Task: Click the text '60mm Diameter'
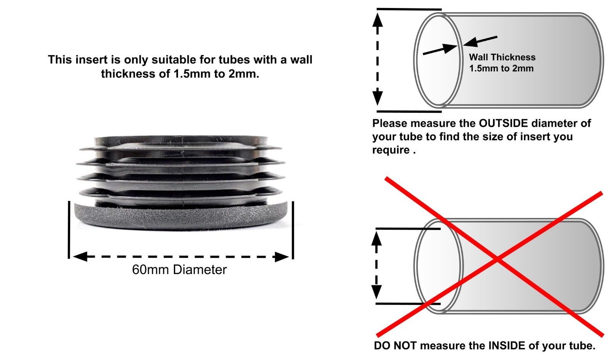(x=179, y=270)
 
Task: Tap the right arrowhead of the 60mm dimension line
(x=281, y=257)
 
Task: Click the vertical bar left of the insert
(x=69, y=229)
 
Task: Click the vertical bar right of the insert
(x=293, y=229)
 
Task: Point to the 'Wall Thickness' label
(x=502, y=58)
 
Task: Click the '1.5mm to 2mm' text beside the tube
(x=501, y=69)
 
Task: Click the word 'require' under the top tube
(x=390, y=150)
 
